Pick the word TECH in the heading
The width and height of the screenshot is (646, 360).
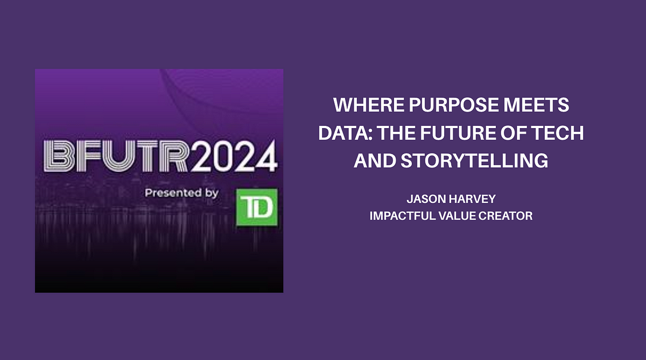[x=559, y=133]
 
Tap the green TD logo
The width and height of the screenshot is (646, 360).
[x=257, y=207]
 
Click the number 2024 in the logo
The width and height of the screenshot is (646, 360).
[x=234, y=157]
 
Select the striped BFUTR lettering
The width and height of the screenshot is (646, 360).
[x=116, y=157]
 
